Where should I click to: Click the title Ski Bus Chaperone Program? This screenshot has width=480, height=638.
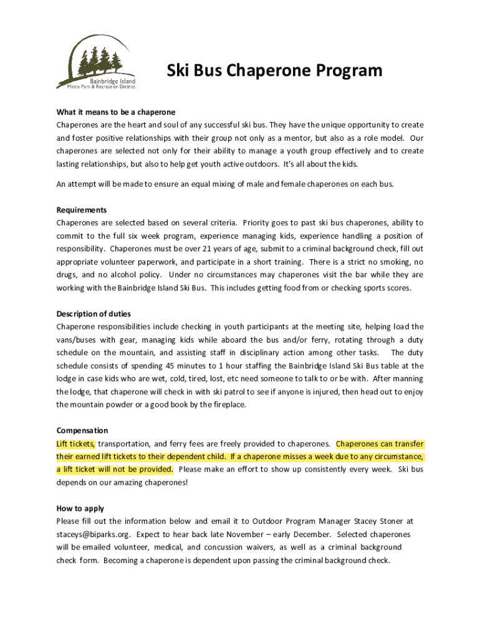274,71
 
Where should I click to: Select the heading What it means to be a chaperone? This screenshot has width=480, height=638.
116,112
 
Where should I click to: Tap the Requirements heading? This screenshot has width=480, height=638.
82,210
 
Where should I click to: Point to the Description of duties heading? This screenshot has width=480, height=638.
94,313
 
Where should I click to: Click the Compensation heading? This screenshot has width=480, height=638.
82,431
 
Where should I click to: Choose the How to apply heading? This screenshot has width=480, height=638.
80,508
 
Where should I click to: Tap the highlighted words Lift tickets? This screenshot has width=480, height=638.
75,444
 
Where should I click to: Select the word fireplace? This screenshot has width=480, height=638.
228,405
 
